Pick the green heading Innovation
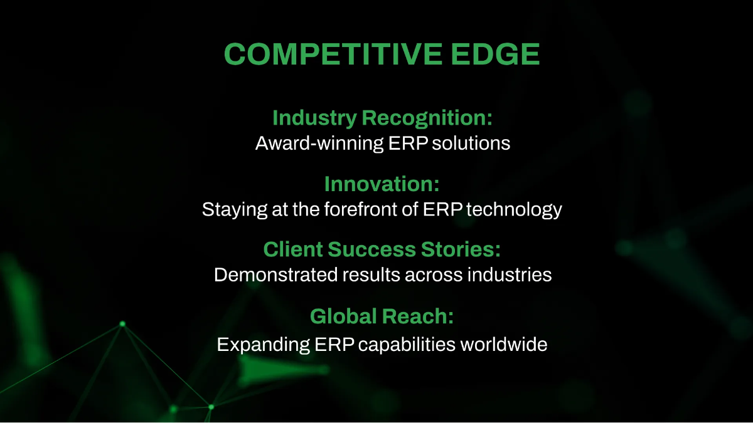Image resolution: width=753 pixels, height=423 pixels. [x=381, y=184]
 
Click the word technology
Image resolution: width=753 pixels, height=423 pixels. [x=514, y=209]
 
